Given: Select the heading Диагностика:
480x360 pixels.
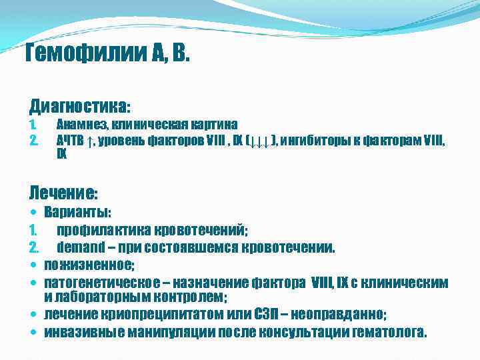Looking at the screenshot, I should (x=80, y=106).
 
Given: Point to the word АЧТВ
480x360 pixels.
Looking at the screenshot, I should (x=70, y=140).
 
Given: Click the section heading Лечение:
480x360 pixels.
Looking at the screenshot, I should (x=63, y=193).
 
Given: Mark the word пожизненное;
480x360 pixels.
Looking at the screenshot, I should (x=89, y=265).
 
